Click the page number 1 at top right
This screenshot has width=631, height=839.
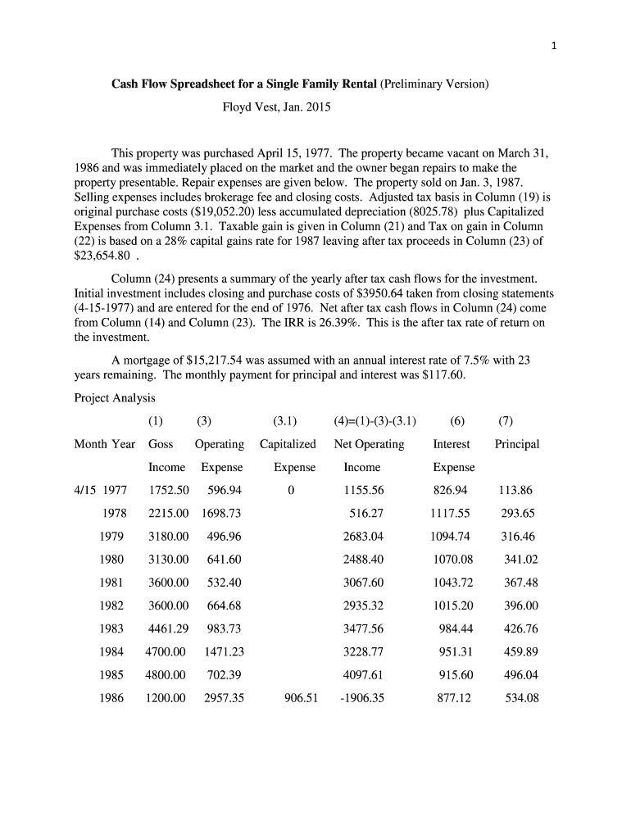point(554,46)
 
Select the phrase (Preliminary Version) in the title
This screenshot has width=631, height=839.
point(434,84)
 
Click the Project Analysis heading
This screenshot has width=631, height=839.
point(114,398)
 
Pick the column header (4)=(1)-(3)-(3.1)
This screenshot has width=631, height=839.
point(375,421)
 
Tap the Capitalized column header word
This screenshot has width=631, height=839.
point(288,444)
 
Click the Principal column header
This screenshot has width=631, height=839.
point(517,444)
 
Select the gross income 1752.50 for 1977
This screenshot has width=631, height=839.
point(169,491)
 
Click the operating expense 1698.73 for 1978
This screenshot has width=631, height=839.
point(221,514)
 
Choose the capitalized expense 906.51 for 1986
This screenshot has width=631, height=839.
point(301,699)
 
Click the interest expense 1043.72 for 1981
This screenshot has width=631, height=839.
point(452,583)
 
